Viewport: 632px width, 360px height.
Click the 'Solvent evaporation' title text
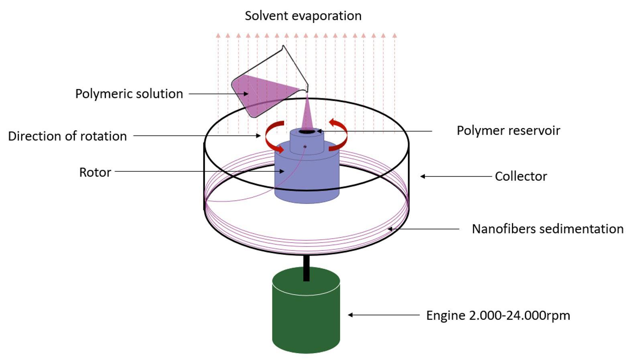click(x=303, y=16)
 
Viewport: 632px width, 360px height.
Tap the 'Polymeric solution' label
click(x=129, y=94)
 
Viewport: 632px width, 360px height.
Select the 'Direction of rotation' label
click(x=67, y=136)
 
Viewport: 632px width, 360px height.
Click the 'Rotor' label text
click(x=95, y=172)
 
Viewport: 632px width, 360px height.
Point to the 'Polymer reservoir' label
click(x=508, y=130)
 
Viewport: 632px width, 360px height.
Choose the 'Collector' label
click(x=520, y=176)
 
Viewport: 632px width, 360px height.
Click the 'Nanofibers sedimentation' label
click(x=547, y=229)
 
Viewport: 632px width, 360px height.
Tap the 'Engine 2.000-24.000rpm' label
click(x=498, y=315)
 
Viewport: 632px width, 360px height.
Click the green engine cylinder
click(x=306, y=317)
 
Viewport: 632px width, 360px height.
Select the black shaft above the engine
click(x=306, y=268)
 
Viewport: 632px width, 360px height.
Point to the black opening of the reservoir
click(x=307, y=131)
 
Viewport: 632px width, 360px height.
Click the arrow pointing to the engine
click(x=383, y=315)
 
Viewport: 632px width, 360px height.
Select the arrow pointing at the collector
click(x=455, y=176)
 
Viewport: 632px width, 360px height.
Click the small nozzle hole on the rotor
click(x=305, y=147)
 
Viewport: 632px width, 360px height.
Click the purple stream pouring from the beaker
click(x=307, y=114)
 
